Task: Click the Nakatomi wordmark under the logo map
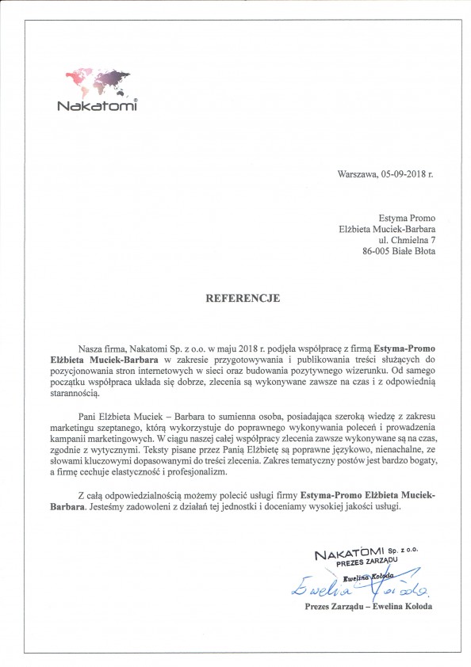point(98,107)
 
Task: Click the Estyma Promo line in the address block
point(409,218)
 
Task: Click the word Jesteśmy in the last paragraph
point(112,506)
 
